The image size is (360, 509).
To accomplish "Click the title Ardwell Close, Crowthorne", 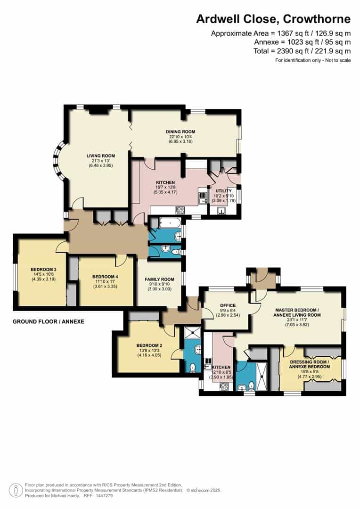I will [273, 19].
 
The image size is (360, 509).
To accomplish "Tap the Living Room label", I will [101, 156].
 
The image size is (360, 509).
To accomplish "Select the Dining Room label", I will [180, 131].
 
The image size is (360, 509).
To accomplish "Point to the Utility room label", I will [224, 190].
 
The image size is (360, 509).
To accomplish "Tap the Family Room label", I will [159, 279].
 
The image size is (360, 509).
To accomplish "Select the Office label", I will [224, 305].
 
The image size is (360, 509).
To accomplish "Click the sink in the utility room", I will [221, 211].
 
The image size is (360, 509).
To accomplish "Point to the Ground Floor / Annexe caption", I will [49, 321].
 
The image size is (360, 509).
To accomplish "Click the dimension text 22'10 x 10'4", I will [180, 137].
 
